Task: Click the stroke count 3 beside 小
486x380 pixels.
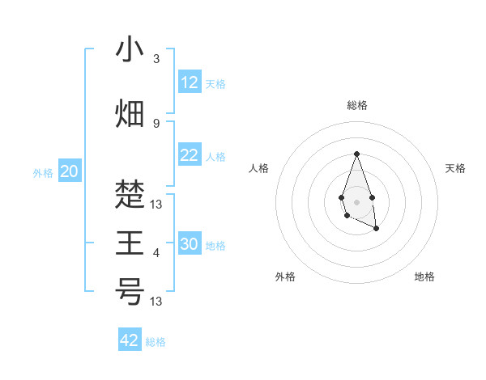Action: tap(156, 59)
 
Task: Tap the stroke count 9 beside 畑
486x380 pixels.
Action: tap(156, 123)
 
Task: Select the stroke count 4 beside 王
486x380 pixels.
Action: tap(156, 253)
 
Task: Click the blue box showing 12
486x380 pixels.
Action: tap(190, 82)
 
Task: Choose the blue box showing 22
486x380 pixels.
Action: tap(190, 156)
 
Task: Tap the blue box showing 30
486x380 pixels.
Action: tap(190, 245)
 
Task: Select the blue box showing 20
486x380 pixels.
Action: tap(70, 171)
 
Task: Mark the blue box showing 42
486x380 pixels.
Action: tap(130, 340)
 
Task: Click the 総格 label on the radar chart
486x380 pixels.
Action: tap(357, 105)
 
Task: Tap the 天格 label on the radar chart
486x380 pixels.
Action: tap(456, 168)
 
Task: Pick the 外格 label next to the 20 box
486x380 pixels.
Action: tap(43, 172)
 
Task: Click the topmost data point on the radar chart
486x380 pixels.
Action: tap(356, 154)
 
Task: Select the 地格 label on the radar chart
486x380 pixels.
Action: tap(424, 277)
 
